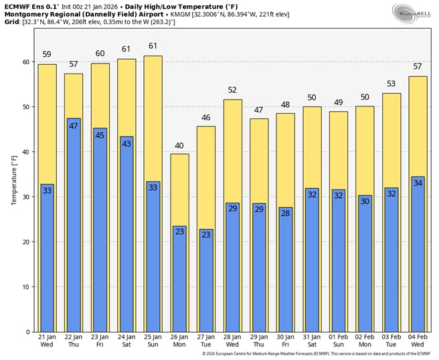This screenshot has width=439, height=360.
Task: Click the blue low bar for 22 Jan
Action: tap(74, 225)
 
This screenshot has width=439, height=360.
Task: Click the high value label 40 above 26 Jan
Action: tap(179, 146)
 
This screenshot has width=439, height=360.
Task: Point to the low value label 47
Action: tap(74, 125)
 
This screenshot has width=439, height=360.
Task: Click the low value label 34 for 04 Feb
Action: tap(418, 183)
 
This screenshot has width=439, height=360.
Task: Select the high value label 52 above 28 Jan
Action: tap(232, 90)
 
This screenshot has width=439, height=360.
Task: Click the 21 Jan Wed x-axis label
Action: tap(47, 341)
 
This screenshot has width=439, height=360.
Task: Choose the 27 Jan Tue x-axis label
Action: tap(206, 341)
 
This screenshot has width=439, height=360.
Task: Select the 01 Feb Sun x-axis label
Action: tap(338, 341)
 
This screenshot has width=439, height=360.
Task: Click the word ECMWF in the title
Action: tap(18, 7)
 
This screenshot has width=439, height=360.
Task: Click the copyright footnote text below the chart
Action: tap(315, 353)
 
